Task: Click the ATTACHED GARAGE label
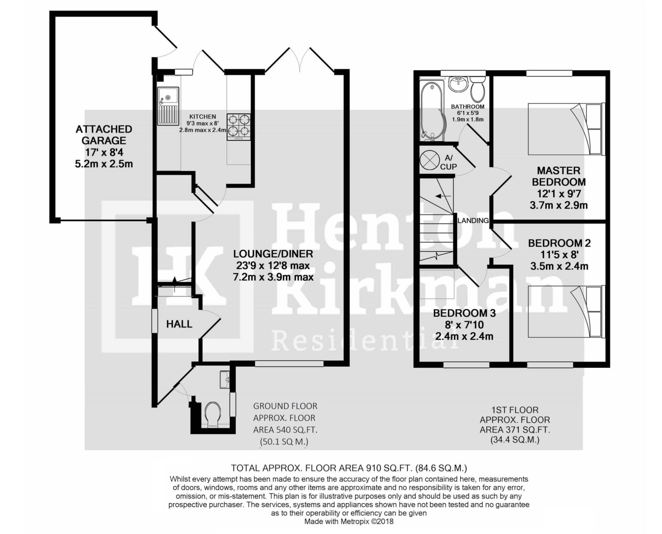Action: tap(104, 135)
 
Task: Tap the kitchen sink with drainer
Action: tap(168, 106)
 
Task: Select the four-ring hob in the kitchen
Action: tap(239, 127)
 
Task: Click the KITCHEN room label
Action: tap(203, 117)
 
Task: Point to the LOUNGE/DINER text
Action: tap(273, 254)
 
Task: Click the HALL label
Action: tap(179, 324)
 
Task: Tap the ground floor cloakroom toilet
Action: tap(212, 414)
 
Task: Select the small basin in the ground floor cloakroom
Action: tap(225, 380)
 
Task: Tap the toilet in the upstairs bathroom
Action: tap(478, 90)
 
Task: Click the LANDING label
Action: tap(473, 220)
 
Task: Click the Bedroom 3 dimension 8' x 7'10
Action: tap(464, 325)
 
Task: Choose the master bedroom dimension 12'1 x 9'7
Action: tap(559, 194)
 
